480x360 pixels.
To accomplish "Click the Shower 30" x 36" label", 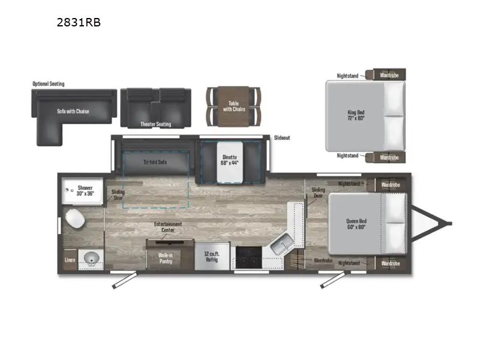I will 85,191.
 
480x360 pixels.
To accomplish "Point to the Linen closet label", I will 70,260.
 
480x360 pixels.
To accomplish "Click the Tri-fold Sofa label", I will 154,162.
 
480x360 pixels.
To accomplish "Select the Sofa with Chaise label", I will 73,111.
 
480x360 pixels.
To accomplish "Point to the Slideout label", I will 282,138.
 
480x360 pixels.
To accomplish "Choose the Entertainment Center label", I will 167,227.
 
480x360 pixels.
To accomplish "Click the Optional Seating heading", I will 49,84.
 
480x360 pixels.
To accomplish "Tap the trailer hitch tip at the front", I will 448,224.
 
